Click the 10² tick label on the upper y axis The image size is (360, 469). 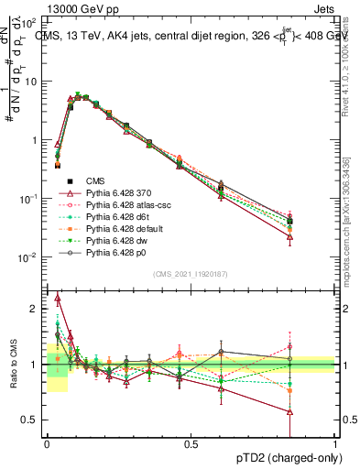click(31, 22)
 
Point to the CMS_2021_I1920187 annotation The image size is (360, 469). click(191, 275)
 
